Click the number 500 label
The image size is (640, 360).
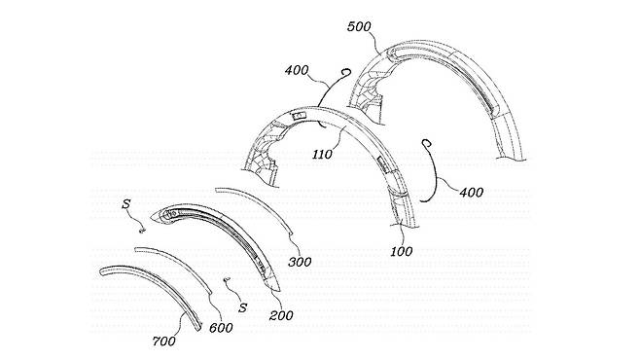[359, 27]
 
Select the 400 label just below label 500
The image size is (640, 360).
[297, 70]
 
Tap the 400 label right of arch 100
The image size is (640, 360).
[472, 192]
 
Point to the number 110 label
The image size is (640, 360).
[323, 155]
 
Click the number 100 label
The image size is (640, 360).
[402, 251]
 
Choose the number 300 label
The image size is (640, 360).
[300, 262]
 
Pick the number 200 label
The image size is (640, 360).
[281, 315]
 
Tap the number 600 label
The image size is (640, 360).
[221, 327]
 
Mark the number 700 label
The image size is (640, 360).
[164, 341]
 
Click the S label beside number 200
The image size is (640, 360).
[243, 307]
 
